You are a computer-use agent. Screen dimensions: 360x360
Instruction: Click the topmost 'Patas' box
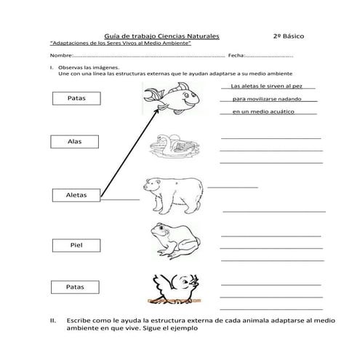point(76,98)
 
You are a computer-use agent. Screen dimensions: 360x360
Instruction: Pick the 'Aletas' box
point(76,195)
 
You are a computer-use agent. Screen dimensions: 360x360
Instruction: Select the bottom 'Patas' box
point(76,287)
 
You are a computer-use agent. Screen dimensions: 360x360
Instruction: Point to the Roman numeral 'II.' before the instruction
point(52,320)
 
